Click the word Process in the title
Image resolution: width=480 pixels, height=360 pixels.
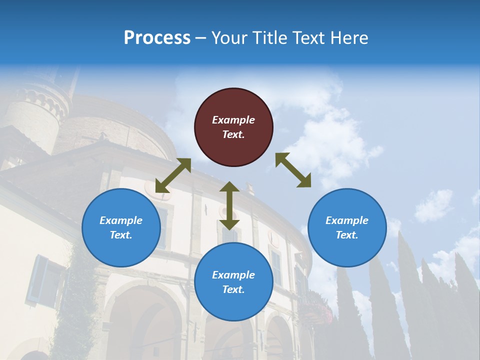157,38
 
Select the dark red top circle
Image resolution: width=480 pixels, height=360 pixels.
233,127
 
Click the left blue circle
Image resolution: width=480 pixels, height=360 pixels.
121,227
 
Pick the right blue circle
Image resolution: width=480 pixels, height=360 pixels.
347,227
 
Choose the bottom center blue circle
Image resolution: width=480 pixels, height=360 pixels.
233,282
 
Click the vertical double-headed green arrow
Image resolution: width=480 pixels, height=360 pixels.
229,205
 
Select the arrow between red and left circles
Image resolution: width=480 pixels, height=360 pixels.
173,175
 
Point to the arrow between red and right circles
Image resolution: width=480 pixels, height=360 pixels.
293,170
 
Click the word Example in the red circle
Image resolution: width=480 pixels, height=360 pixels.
233,120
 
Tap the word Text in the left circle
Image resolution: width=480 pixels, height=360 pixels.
120,235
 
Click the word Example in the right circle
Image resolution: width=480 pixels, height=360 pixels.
347,220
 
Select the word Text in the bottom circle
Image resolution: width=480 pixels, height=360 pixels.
233,289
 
